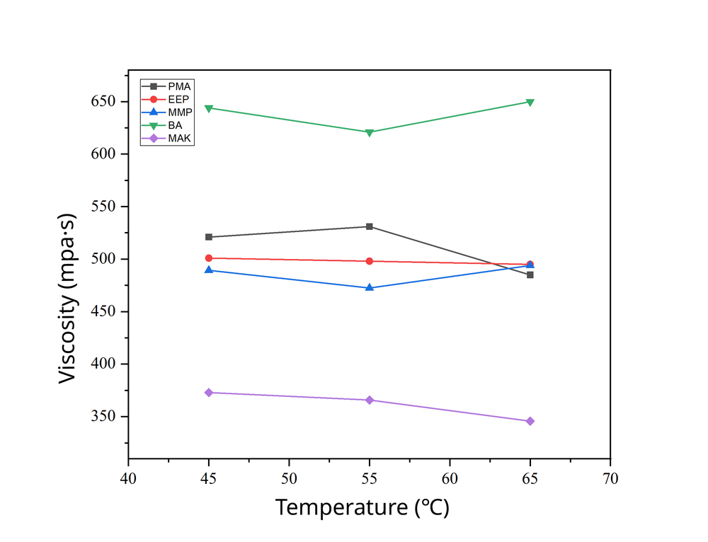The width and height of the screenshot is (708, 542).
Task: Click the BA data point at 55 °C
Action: (x=370, y=132)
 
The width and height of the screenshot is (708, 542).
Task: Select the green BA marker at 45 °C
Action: (x=209, y=108)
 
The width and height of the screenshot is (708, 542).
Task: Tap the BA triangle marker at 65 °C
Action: (x=530, y=102)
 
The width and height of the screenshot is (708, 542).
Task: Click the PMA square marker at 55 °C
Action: (x=370, y=226)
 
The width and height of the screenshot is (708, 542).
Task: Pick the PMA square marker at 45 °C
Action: (x=209, y=237)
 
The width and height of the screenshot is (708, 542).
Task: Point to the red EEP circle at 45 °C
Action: (x=209, y=258)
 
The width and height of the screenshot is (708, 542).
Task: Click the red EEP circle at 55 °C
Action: (x=370, y=261)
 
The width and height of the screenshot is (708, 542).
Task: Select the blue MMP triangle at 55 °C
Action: (x=370, y=287)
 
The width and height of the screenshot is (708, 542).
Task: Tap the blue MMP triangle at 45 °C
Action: (x=209, y=270)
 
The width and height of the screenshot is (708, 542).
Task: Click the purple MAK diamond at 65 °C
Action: (x=530, y=421)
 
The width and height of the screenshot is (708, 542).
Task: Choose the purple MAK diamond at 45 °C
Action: (x=209, y=393)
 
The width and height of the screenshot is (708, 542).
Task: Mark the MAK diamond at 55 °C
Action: (x=370, y=400)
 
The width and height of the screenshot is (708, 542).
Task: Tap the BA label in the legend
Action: (x=175, y=125)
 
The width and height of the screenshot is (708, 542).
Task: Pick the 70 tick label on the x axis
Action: (x=610, y=479)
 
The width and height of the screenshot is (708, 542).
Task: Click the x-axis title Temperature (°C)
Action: (x=362, y=508)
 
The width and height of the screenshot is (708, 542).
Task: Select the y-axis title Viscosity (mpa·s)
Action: (x=67, y=298)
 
